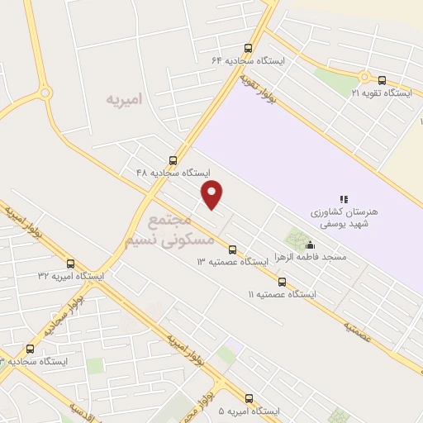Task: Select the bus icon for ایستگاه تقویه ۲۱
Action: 382,80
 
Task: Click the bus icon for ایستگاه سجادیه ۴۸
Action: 173,160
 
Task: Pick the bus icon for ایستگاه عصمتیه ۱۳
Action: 232,250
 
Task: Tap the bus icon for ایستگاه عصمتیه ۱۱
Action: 283,282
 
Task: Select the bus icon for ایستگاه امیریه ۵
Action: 250,397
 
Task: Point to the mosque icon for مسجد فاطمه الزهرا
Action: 311,245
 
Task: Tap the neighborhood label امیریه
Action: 124,99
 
